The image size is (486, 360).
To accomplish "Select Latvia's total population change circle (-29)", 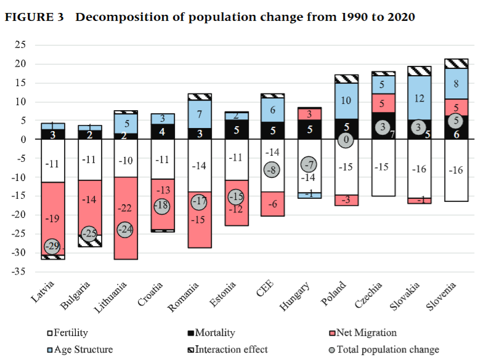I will [x=52, y=247].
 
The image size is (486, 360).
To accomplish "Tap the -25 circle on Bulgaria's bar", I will [x=89, y=234].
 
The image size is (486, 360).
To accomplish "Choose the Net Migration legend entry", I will [x=366, y=333].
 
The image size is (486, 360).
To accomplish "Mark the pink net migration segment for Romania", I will [x=199, y=220].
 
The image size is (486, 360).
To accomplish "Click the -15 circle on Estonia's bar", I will [x=235, y=197].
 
